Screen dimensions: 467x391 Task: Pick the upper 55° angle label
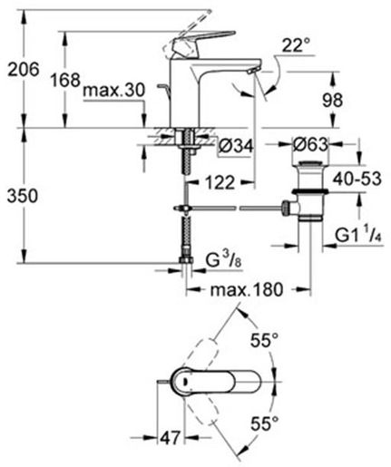pos(263,342)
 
